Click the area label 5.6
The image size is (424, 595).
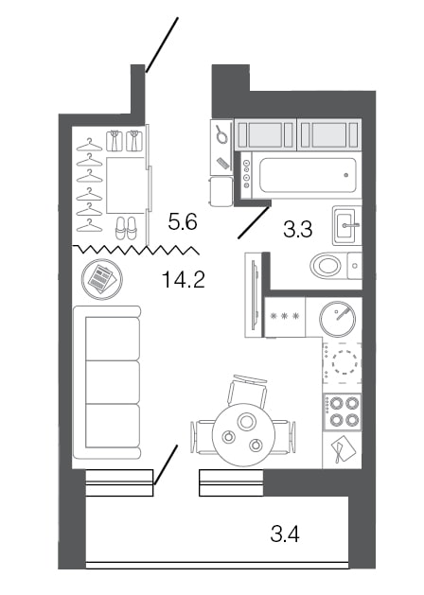181,222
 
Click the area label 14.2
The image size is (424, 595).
184,279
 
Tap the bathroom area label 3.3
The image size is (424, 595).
299,227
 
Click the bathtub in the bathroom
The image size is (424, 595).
306,175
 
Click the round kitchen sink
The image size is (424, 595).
338,318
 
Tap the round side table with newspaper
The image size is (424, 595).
99,279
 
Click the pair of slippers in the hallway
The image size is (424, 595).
125,228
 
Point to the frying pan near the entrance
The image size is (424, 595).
221,135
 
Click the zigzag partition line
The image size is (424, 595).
135,250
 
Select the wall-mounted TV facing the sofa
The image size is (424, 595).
252,294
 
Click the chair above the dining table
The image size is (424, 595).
247,389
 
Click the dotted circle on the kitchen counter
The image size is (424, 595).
343,361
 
